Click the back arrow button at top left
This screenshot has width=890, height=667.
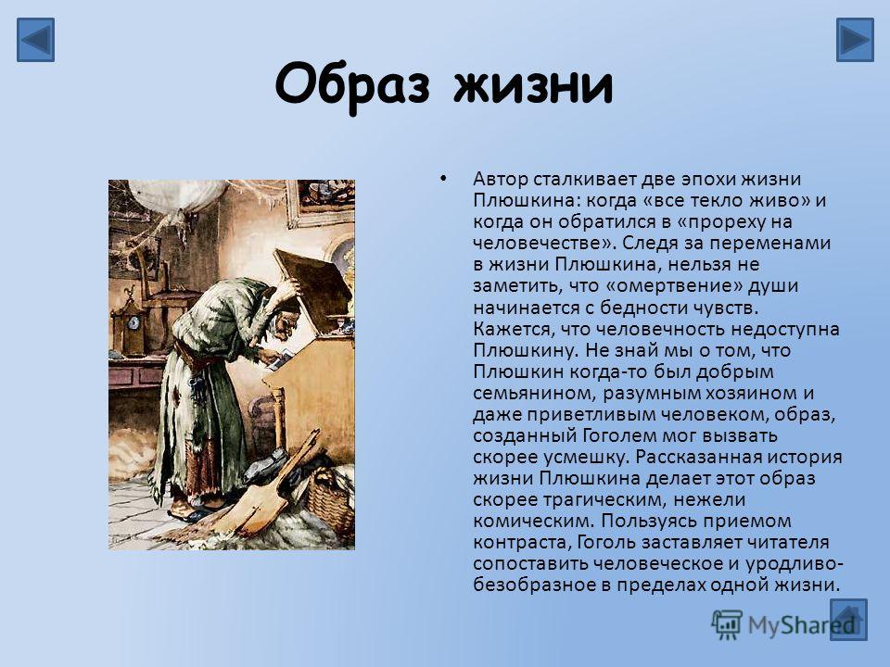35,40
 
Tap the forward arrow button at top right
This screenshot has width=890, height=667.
855,40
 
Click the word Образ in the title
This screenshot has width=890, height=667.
352,86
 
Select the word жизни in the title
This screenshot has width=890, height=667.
534,86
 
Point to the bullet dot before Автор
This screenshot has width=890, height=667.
443,179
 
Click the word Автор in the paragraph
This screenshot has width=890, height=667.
501,179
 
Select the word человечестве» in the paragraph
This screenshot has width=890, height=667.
544,244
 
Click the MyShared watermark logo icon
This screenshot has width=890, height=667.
727,625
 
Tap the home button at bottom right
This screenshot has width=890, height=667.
848,620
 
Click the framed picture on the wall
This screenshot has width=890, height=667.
322,203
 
